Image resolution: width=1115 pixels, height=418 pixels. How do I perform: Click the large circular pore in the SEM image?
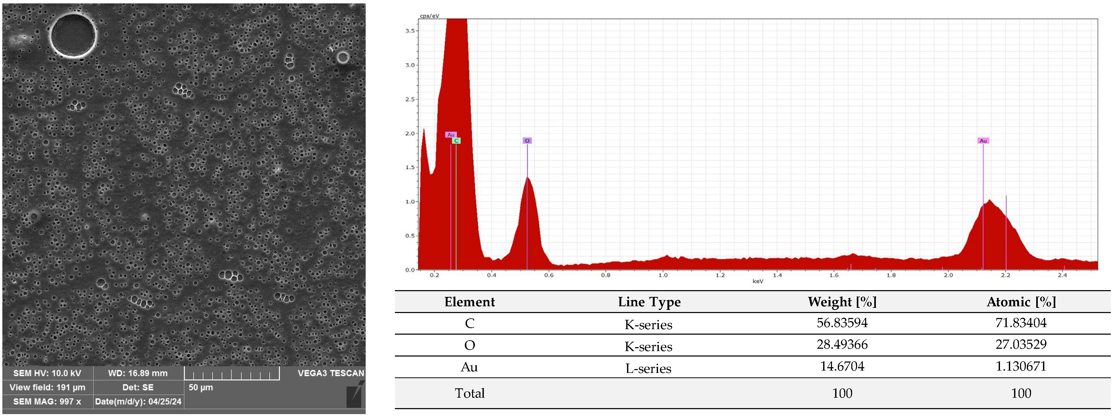click(73, 35)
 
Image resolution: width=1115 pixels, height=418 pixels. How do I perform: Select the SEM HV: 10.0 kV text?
click(47, 373)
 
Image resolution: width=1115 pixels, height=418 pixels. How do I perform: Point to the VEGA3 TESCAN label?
click(331, 373)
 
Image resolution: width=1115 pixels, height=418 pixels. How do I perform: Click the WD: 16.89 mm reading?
click(138, 373)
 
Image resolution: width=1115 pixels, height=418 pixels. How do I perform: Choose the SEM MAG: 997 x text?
click(47, 402)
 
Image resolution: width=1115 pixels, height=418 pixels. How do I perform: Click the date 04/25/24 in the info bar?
click(165, 402)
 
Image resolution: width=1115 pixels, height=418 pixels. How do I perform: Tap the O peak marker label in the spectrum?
click(527, 140)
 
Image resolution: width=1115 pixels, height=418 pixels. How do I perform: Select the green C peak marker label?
click(456, 140)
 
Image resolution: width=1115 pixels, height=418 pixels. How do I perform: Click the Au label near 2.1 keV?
click(983, 140)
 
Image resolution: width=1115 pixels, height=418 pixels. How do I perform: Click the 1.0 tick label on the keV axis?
click(663, 275)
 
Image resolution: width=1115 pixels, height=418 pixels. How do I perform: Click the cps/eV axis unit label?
click(429, 16)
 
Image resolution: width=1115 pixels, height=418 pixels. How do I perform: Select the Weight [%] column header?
click(842, 302)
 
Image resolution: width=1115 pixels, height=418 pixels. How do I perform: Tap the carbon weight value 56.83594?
click(842, 323)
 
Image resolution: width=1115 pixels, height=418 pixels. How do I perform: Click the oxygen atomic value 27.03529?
click(1021, 345)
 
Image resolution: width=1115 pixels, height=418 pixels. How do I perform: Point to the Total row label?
click(470, 393)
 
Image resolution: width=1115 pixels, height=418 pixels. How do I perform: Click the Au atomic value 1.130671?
click(1021, 366)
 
